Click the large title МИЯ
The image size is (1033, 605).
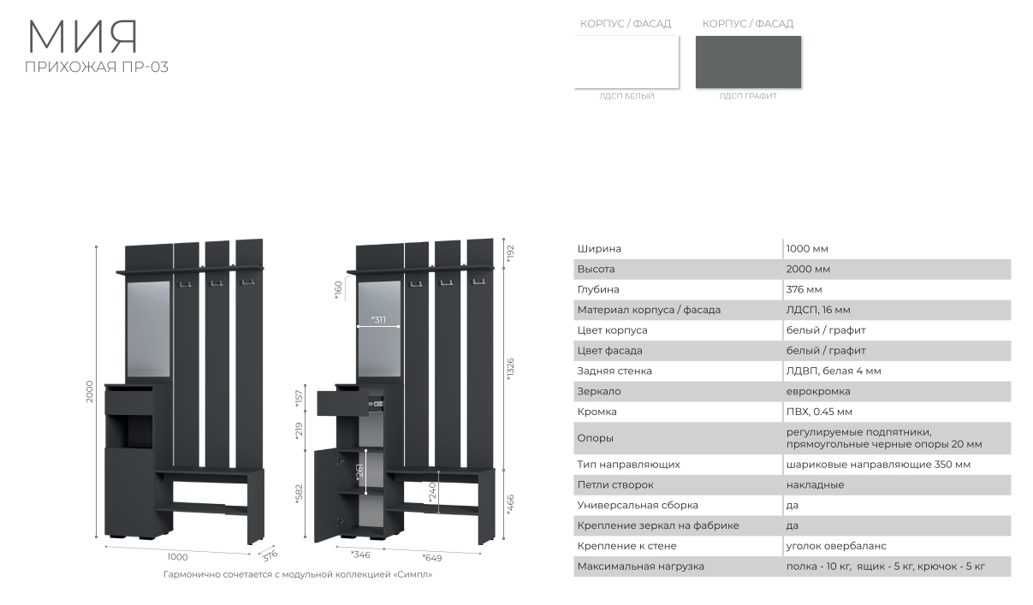pos(83,37)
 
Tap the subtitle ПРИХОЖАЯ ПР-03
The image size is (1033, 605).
pos(97,68)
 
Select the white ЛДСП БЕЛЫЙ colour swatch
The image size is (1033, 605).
pos(626,62)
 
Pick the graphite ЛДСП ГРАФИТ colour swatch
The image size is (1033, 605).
pos(748,62)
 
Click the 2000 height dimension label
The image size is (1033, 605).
pos(90,392)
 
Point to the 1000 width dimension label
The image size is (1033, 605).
pos(177,557)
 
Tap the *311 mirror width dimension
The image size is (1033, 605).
pos(378,319)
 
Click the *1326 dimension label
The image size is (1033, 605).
pos(510,370)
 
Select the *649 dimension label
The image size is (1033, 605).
pos(432,558)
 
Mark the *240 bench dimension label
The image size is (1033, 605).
pos(432,492)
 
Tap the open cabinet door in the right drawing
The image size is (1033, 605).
pos(326,495)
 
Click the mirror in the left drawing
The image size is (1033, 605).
pos(148,329)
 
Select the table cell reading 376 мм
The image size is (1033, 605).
pos(804,289)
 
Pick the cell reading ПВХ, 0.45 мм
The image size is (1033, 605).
pos(819,412)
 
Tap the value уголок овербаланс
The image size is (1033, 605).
pos(836,546)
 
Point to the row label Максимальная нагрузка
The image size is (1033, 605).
pos(640,566)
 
